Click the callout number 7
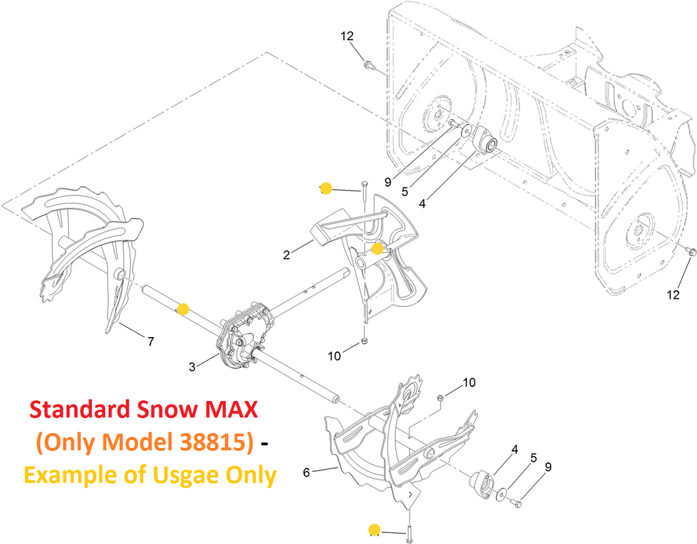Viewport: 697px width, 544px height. click(x=150, y=342)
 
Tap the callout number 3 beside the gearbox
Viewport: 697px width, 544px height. click(x=191, y=367)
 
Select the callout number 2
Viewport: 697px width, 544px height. click(x=287, y=255)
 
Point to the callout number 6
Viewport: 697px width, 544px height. click(x=306, y=473)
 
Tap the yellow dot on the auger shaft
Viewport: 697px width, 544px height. click(x=183, y=309)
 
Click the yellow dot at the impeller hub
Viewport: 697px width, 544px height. click(x=377, y=249)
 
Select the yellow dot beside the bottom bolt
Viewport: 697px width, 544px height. click(x=374, y=530)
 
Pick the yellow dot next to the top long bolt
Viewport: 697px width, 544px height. click(x=326, y=189)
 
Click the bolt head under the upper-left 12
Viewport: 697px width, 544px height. click(x=367, y=65)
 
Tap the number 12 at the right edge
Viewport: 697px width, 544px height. click(x=673, y=294)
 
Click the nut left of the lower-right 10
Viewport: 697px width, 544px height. click(x=440, y=397)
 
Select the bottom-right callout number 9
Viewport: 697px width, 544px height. click(x=548, y=467)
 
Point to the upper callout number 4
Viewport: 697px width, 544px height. click(x=422, y=204)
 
